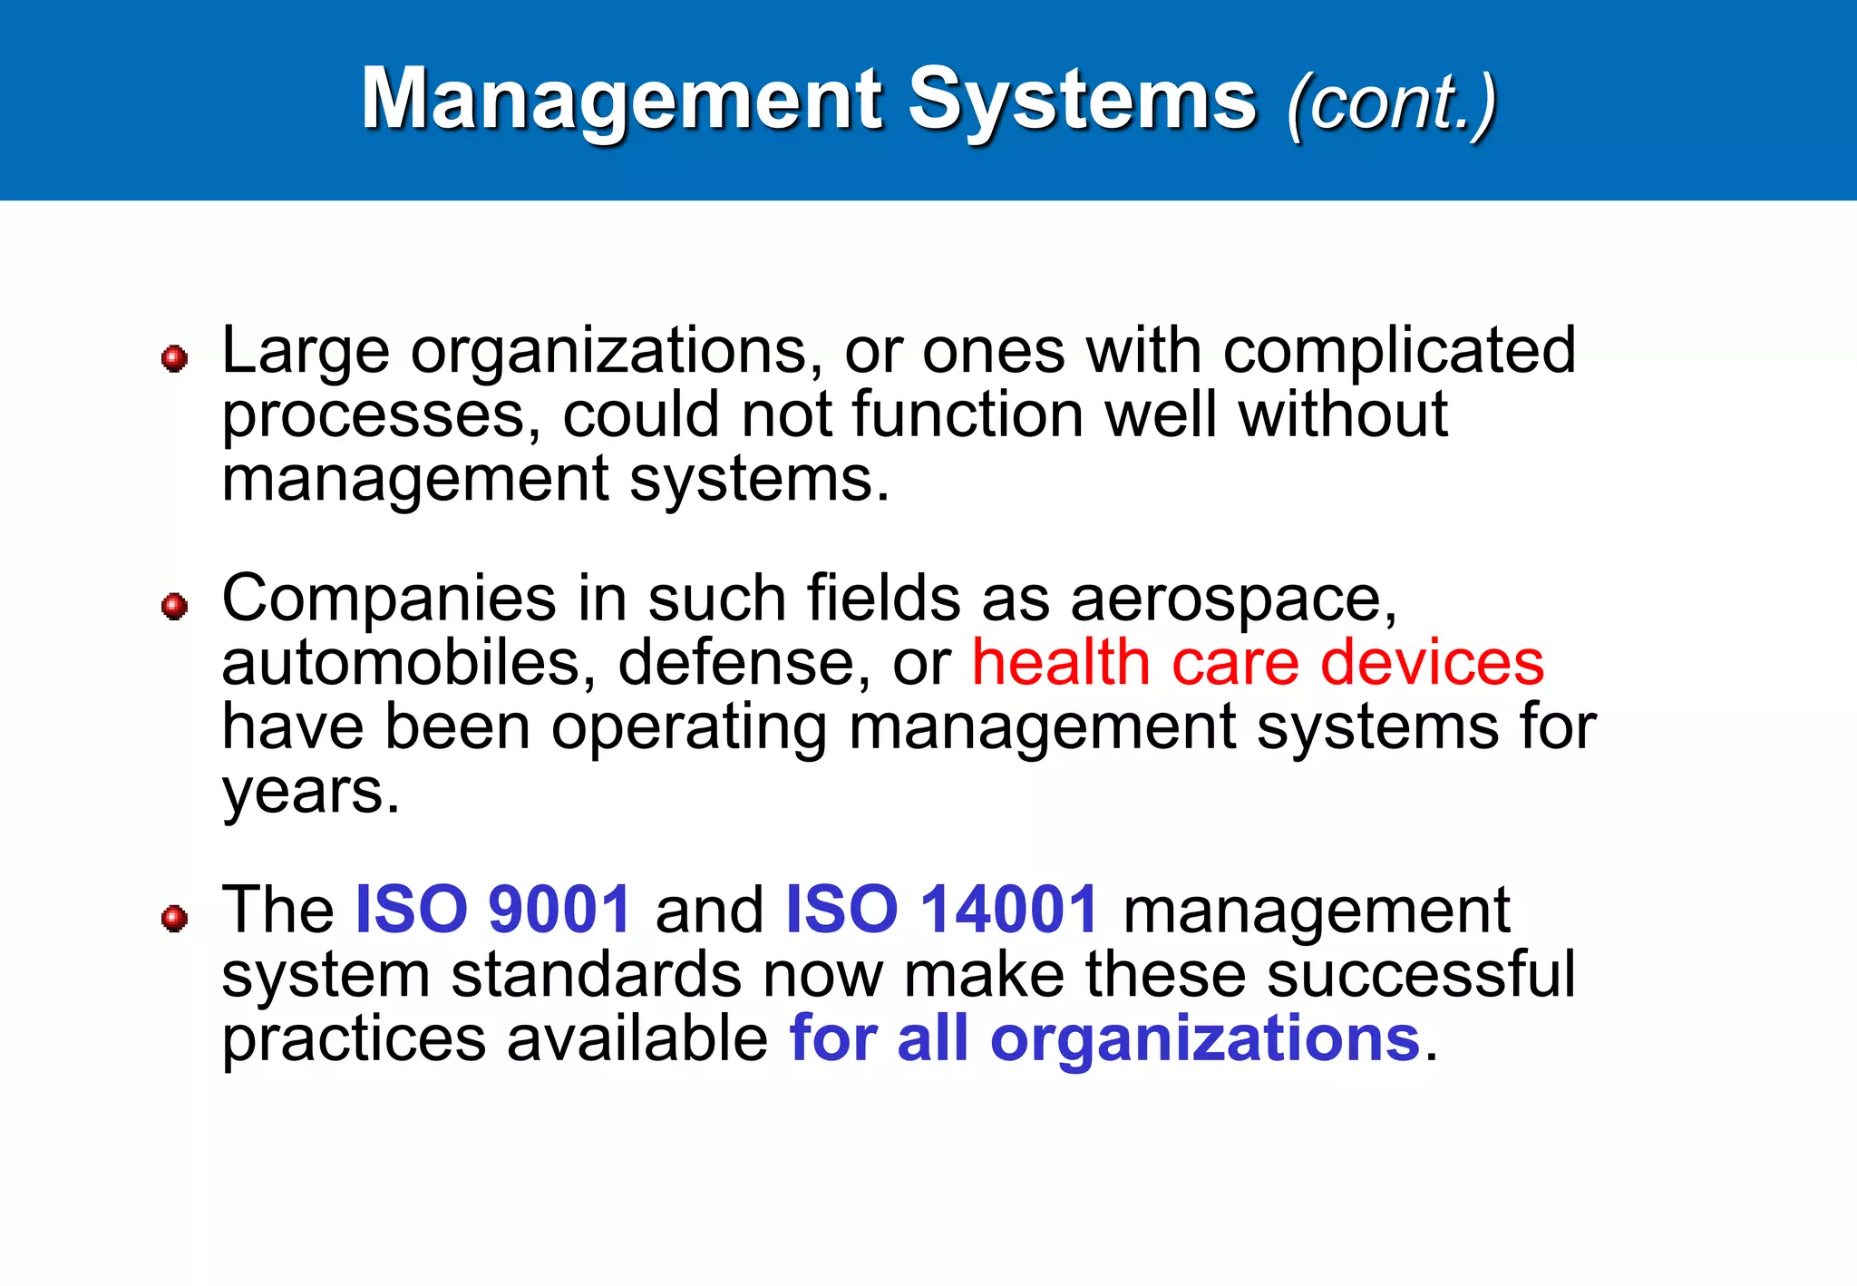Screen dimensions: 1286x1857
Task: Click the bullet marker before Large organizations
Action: pos(174,358)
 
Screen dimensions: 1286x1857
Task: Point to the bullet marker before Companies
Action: pos(174,606)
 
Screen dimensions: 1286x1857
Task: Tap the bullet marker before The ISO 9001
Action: pos(174,919)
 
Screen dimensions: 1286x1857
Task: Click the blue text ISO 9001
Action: pos(492,910)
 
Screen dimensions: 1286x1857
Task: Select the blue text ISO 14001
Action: pos(942,910)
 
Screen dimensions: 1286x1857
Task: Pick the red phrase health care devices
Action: pos(1258,663)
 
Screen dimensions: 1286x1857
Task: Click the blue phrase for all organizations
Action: pos(1104,1038)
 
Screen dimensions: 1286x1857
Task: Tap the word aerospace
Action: pos(1233,600)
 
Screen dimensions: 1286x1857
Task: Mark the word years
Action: pos(309,793)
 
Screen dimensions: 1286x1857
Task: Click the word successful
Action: pos(1421,975)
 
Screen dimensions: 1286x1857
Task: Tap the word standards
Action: pos(597,975)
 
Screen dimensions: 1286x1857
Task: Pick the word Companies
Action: pos(389,600)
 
